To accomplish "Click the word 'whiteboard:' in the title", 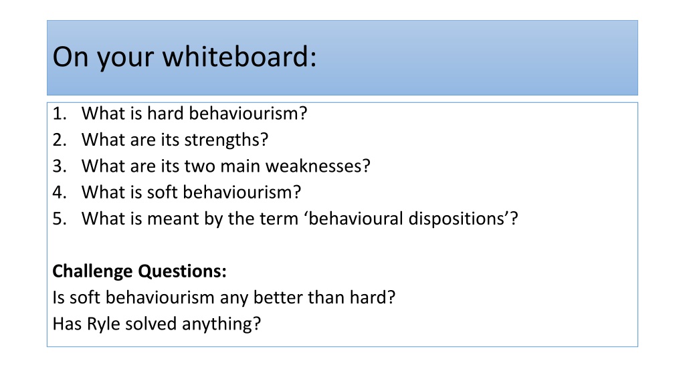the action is click(x=239, y=57).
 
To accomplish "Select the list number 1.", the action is click(x=60, y=114).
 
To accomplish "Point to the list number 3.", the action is click(x=60, y=166).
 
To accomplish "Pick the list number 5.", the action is click(x=60, y=219).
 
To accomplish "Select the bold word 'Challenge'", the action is click(x=92, y=271).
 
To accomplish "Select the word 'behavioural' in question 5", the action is click(x=356, y=219).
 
